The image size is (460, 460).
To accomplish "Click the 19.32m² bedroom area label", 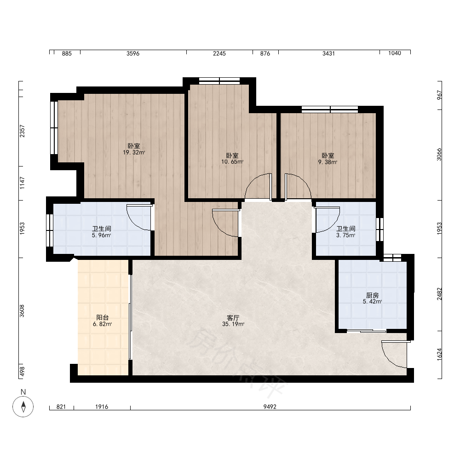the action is [134, 149].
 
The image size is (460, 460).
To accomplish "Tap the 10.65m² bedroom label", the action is [232, 158].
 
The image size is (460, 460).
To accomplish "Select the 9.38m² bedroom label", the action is [328, 158].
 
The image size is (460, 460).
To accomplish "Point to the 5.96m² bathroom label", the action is [102, 232].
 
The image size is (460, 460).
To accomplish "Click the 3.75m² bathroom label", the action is [346, 232].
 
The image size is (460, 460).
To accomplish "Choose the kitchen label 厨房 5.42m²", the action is [372, 298].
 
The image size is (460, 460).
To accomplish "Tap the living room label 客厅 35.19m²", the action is [233, 321].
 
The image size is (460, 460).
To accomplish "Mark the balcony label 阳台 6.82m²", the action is [103, 321].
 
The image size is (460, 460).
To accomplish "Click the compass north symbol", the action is [23, 407].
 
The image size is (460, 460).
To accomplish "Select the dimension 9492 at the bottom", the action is [270, 407].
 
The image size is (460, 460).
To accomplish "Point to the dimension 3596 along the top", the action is [133, 53].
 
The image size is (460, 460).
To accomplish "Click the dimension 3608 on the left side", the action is [22, 311].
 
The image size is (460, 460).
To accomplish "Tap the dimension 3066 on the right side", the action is [439, 154].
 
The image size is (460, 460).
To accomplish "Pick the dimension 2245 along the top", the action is [219, 53].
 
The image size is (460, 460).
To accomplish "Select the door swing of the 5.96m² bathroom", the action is [139, 217].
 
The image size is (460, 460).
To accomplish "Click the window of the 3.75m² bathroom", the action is [379, 229].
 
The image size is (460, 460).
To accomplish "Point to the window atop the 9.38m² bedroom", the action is [330, 109].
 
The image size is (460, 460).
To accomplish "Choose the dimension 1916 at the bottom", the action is [102, 407].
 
